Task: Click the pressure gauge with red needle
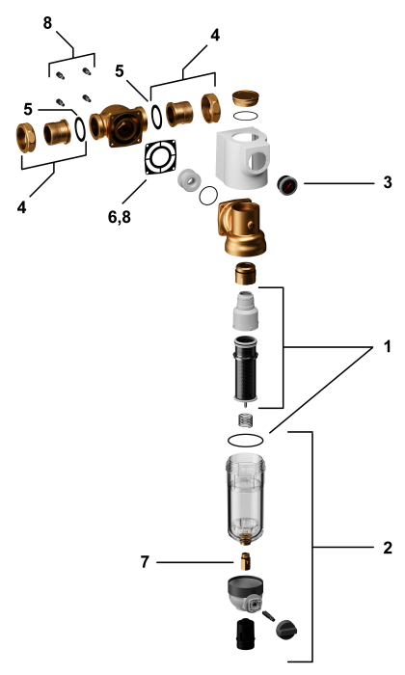pyautogui.click(x=286, y=185)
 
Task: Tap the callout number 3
pyautogui.click(x=388, y=182)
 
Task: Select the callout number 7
pyautogui.click(x=145, y=561)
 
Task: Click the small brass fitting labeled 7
pyautogui.click(x=245, y=561)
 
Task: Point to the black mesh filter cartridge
pyautogui.click(x=245, y=369)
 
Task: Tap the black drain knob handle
pyautogui.click(x=286, y=631)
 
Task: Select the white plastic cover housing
pyautogui.click(x=243, y=160)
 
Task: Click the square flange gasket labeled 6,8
pyautogui.click(x=160, y=156)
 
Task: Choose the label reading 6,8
pyautogui.click(x=120, y=217)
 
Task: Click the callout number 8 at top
pyautogui.click(x=47, y=23)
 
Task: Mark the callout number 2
pyautogui.click(x=388, y=548)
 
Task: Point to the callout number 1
pyautogui.click(x=388, y=346)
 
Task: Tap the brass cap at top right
pyautogui.click(x=245, y=98)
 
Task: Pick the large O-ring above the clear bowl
pyautogui.click(x=245, y=440)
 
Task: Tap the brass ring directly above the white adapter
pyautogui.click(x=245, y=274)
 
